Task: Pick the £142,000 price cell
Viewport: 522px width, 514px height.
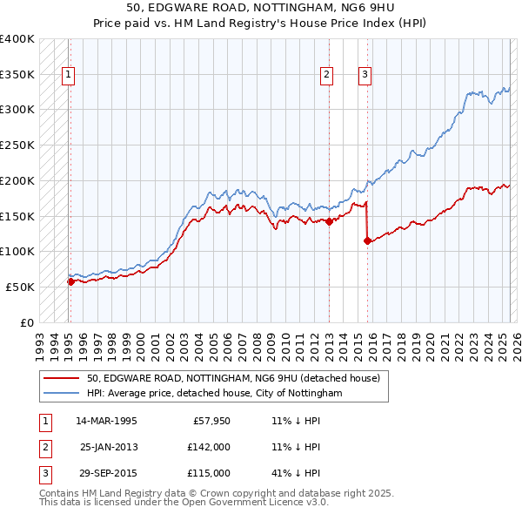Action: click(208, 447)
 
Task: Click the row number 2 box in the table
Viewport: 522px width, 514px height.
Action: click(43, 447)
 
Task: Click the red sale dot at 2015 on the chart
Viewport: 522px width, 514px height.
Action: click(367, 240)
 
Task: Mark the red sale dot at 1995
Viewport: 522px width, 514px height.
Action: click(70, 281)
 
